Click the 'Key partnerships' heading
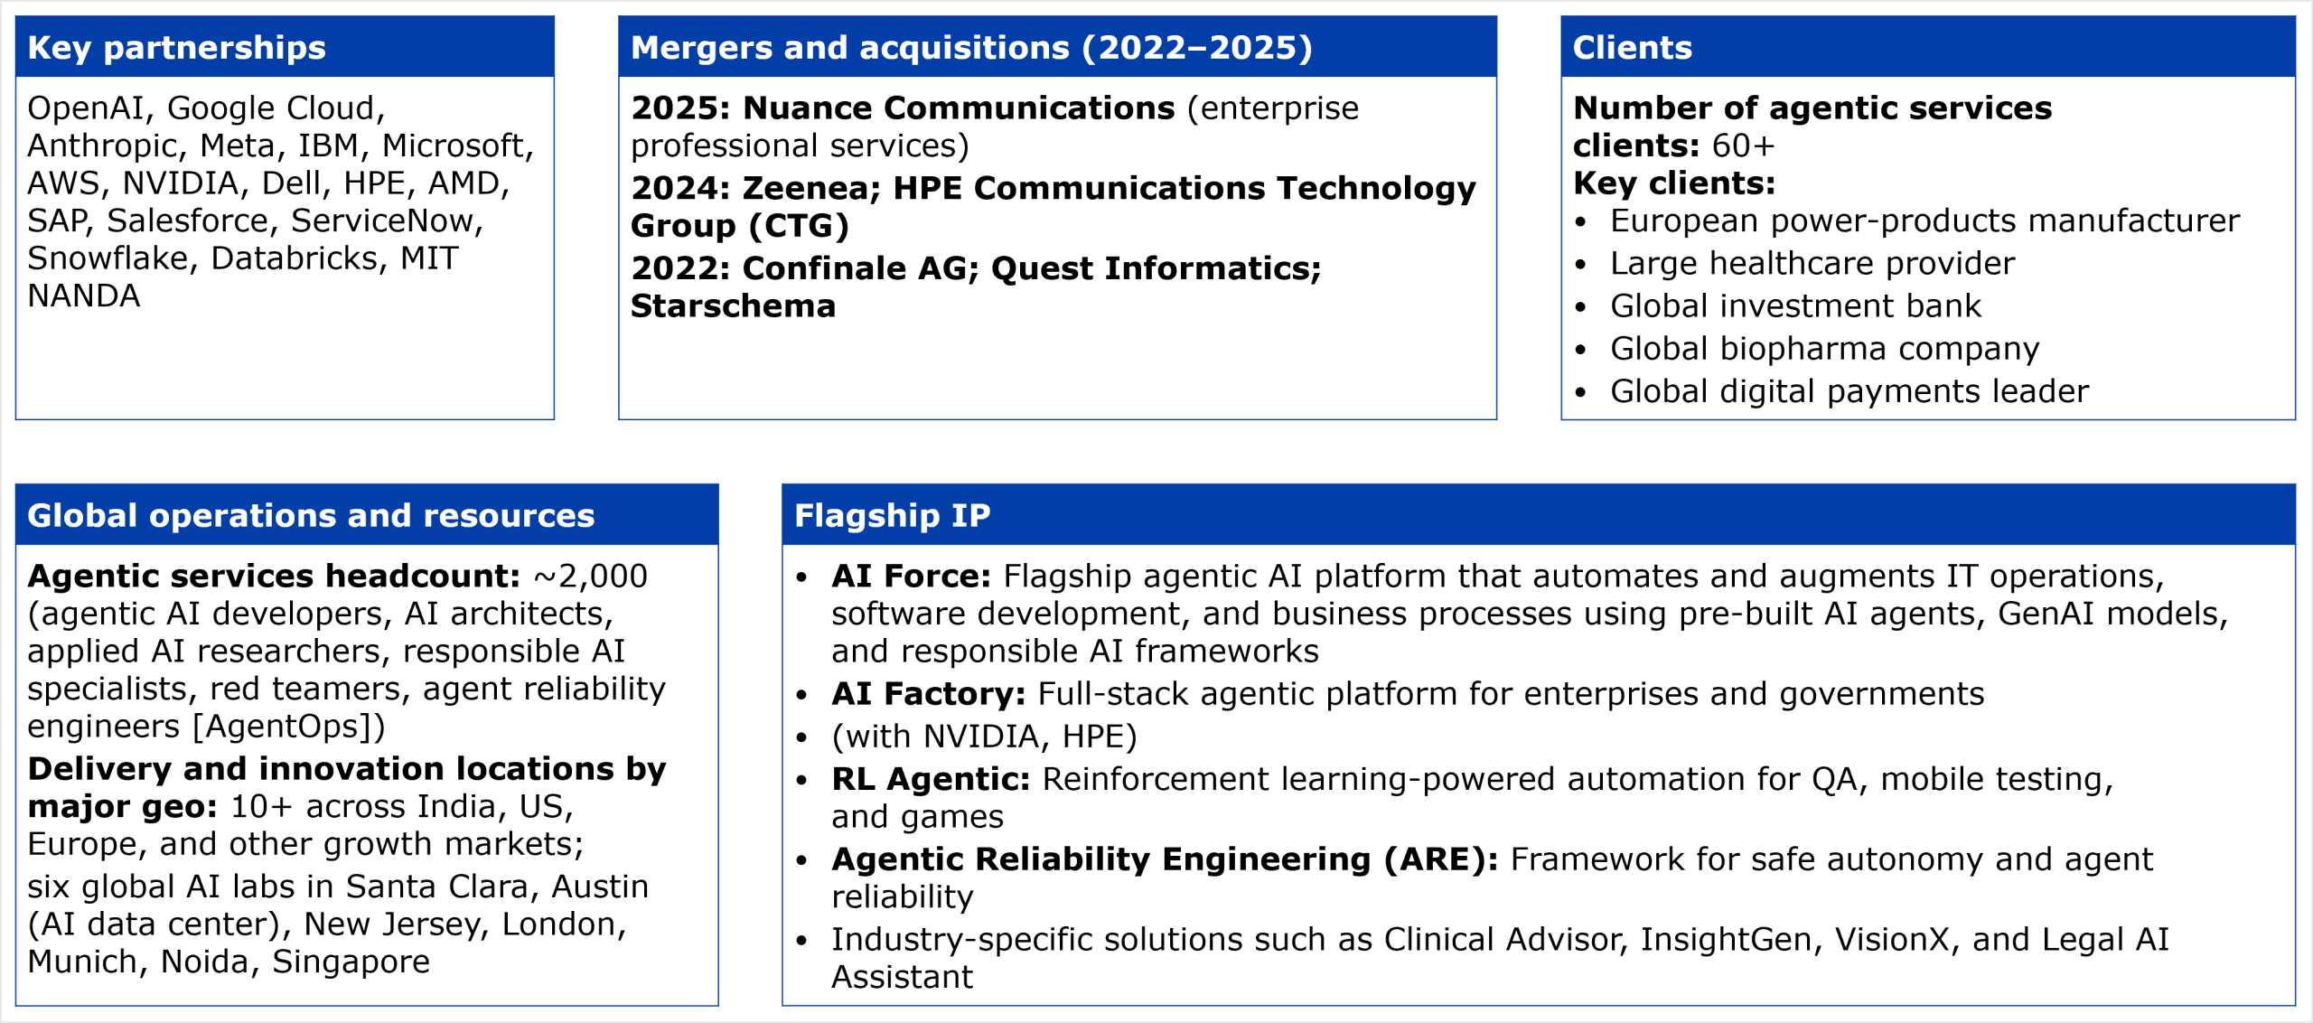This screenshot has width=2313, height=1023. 176,48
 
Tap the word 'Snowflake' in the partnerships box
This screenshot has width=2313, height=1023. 108,258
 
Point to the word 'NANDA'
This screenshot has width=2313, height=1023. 84,296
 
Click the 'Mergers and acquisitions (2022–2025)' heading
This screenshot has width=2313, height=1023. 971,48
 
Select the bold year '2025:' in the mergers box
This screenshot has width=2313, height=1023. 680,108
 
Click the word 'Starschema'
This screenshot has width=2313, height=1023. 733,306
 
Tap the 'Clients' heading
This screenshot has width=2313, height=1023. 1632,48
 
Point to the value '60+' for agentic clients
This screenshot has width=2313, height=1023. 1743,145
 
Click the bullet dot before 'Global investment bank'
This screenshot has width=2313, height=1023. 1580,307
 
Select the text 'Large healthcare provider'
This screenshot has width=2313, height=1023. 1812,264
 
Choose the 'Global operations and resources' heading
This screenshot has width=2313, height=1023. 311,516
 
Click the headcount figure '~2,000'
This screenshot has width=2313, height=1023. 591,577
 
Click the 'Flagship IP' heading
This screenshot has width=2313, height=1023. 892,516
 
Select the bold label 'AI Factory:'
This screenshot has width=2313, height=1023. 929,694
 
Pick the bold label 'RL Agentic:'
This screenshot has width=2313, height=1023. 931,780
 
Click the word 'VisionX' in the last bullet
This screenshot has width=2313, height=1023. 1892,940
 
